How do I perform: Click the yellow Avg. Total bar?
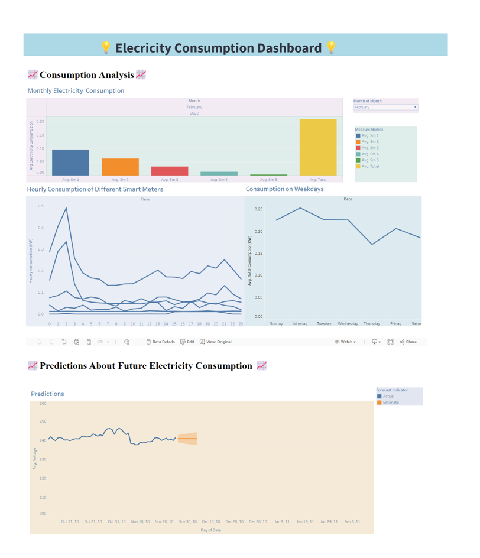coord(318,147)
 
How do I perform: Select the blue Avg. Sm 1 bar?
coord(70,163)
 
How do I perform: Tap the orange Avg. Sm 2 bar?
coord(120,167)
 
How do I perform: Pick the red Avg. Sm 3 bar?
coord(170,171)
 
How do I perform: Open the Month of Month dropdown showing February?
coord(385,108)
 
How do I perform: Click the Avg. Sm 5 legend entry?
coord(370,160)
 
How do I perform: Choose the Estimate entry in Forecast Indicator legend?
coord(391,403)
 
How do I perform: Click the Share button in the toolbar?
coord(408,342)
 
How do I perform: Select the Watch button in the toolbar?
coord(345,342)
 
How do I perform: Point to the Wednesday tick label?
coord(348,324)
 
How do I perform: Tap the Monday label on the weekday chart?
coord(300,324)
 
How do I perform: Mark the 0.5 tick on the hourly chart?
coord(41,206)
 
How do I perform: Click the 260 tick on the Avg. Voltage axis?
coord(43,404)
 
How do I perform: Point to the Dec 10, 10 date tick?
coord(211,522)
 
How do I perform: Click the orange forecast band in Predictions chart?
coord(188,439)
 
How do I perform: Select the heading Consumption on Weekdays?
coord(284,189)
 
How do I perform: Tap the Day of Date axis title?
coord(211,530)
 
